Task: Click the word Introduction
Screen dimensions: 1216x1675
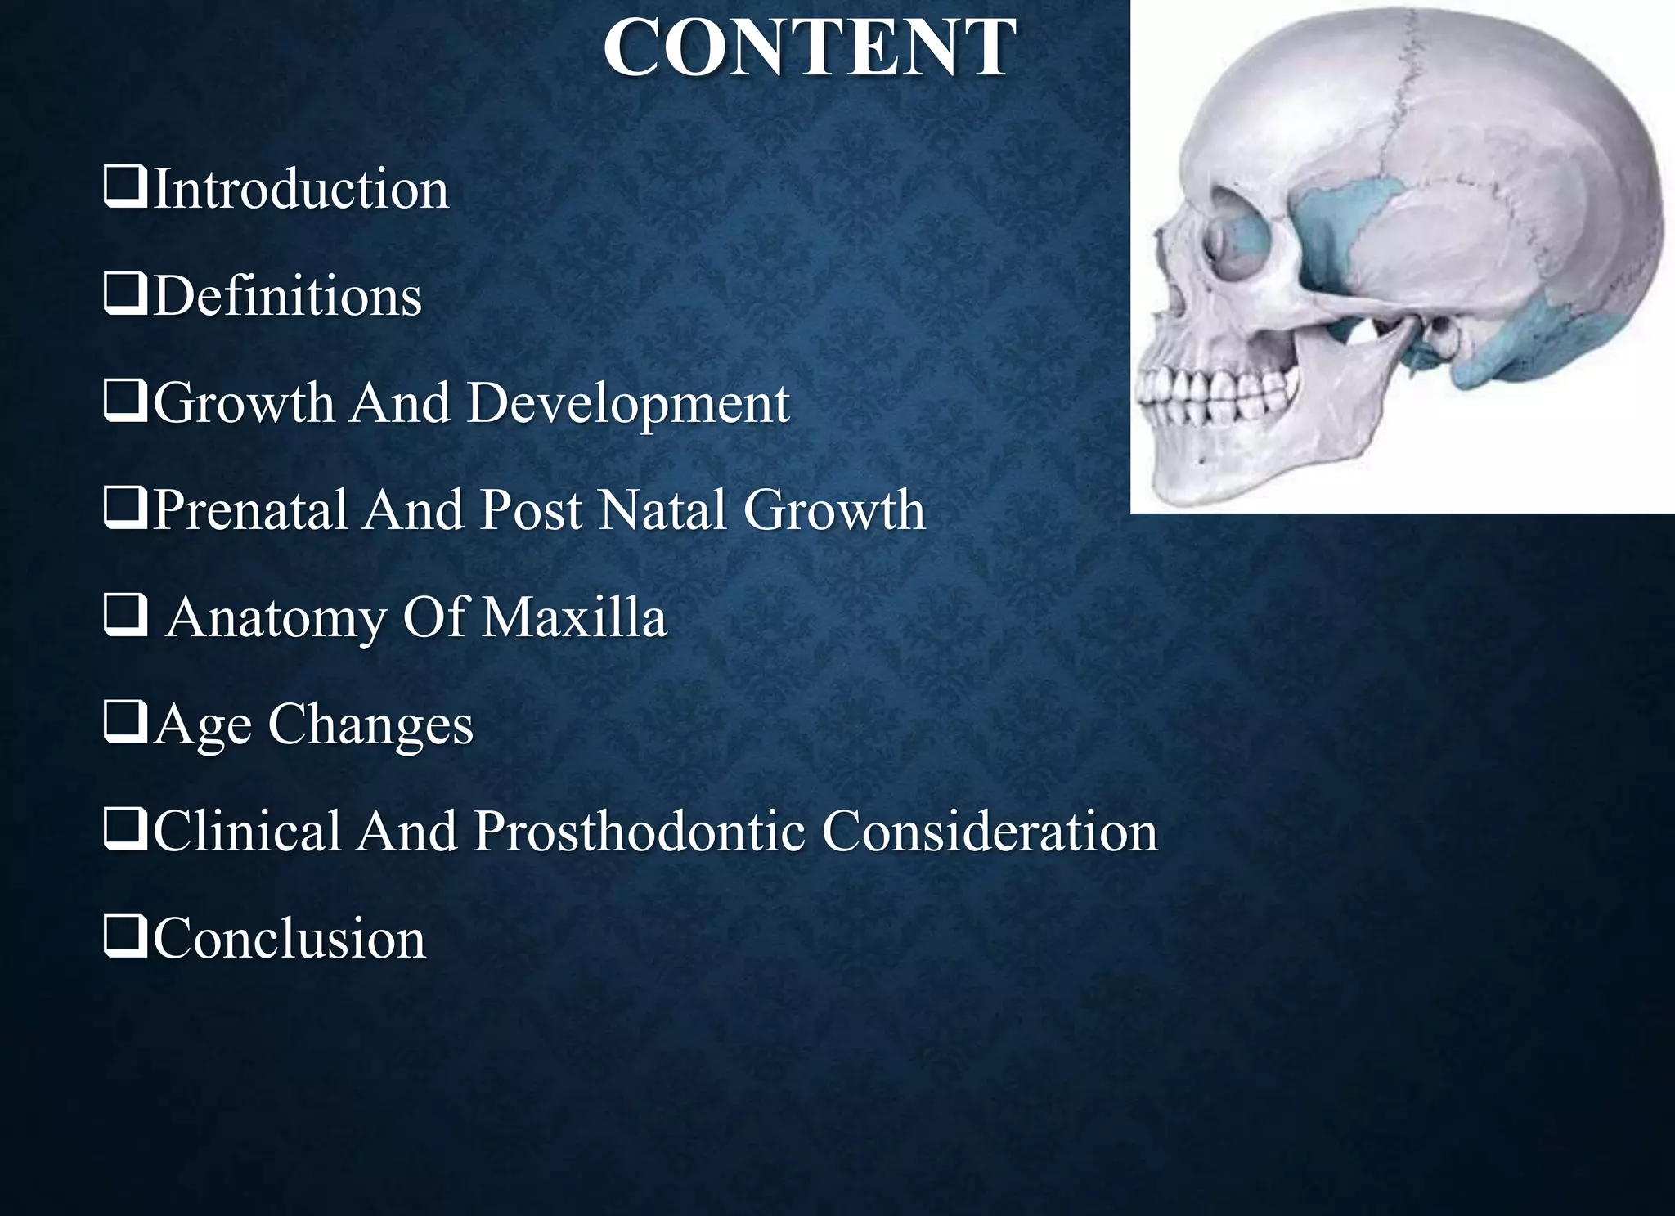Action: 301,189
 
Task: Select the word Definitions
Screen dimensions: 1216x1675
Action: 287,296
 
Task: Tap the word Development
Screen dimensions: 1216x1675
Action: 628,403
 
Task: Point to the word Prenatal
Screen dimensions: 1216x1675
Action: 250,510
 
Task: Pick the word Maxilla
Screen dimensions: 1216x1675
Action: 574,617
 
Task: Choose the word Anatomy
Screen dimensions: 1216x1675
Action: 276,617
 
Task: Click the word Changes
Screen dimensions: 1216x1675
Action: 370,725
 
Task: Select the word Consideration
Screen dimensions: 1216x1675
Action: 990,832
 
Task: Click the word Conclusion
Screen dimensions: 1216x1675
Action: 290,939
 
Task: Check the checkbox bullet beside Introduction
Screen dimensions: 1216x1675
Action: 125,187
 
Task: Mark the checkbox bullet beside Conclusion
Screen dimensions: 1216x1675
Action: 125,937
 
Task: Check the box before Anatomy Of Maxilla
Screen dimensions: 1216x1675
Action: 125,616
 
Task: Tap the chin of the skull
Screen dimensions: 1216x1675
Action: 1178,482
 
